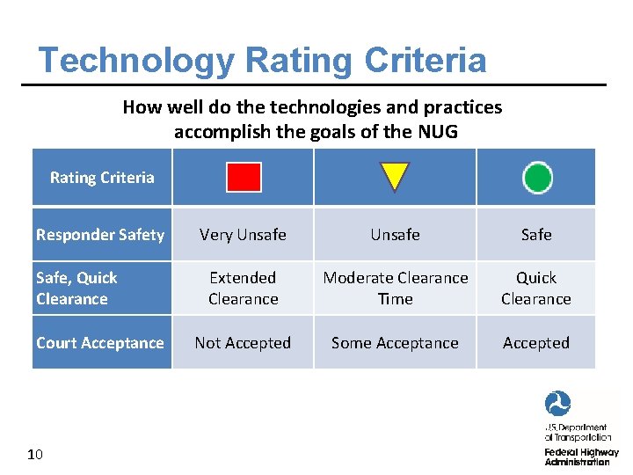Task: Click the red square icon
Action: (244, 177)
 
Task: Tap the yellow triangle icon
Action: (395, 176)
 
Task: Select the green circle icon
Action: (537, 177)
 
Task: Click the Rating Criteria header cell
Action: (102, 178)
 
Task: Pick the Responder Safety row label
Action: (100, 235)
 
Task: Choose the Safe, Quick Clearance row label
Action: (76, 289)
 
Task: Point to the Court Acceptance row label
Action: (100, 343)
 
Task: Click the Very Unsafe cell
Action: (243, 235)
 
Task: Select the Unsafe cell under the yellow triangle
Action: (395, 235)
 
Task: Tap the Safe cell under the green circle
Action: (536, 235)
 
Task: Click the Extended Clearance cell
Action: (243, 289)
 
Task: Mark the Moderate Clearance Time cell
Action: (395, 289)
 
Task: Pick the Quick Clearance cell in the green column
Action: (536, 289)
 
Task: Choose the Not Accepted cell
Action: (243, 343)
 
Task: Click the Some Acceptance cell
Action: (395, 343)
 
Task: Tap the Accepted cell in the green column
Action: (536, 343)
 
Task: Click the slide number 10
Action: (35, 455)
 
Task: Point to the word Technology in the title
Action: (136, 61)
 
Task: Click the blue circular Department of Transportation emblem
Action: (557, 405)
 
